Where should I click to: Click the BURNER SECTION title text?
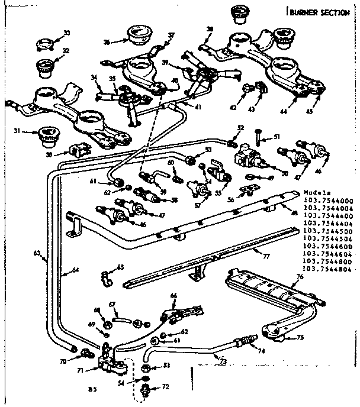[320, 12]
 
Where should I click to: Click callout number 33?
[66, 33]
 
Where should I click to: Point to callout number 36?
[107, 41]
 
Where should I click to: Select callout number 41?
[197, 107]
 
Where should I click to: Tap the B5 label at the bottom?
[92, 390]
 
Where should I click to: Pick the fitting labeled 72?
[146, 389]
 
